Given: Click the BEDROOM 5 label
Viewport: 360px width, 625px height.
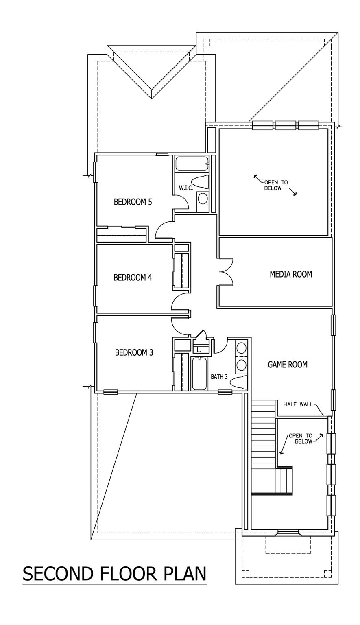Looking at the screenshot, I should (x=133, y=202).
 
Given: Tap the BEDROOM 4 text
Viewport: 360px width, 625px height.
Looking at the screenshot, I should (x=133, y=278).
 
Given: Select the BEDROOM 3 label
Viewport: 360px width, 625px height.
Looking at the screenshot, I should (x=134, y=352).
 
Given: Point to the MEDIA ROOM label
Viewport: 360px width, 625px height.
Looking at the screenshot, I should (x=291, y=274).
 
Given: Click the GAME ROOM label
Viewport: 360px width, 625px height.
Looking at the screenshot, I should (x=287, y=365).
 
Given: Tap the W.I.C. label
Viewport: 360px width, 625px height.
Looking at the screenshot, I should (x=185, y=188).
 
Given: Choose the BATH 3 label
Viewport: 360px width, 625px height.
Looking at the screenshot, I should (x=219, y=377).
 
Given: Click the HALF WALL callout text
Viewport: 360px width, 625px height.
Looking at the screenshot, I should (x=298, y=404).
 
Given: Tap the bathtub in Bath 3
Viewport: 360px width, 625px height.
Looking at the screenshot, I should (x=199, y=374).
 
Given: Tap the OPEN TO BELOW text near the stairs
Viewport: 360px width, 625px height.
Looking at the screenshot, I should (x=301, y=438).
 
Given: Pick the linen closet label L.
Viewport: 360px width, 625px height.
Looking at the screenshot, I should (x=199, y=350).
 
